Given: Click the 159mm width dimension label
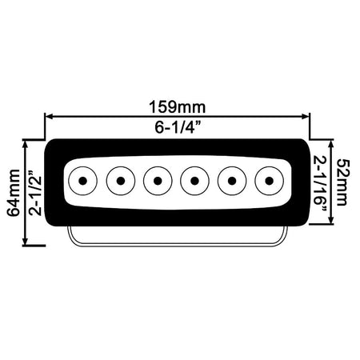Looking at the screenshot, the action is [178, 107].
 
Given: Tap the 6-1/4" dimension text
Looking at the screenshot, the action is [178, 127].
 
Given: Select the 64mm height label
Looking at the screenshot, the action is [14, 193].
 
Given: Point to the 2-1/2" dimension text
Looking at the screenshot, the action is [35, 193].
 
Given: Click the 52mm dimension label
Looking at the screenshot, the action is [342, 182].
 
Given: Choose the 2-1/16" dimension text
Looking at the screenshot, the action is [320, 184].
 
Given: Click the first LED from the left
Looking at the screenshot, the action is [83, 181].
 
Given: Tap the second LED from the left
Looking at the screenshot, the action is [121, 181].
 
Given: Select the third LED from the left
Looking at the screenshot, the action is [158, 181].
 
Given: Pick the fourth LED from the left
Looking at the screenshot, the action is [195, 181].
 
